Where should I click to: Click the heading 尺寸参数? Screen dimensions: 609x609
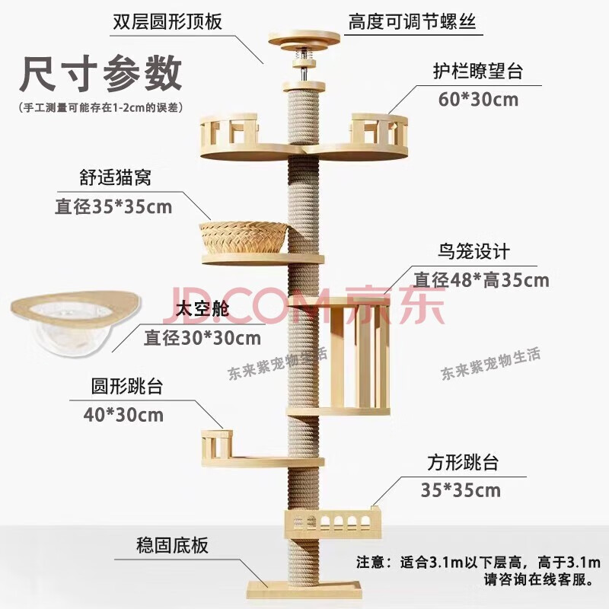pos(101,73)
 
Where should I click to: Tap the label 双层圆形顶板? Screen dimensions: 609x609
pos(167,21)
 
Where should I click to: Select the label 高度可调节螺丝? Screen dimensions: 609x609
pos(412,21)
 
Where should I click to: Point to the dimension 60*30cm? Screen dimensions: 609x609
pos(479,100)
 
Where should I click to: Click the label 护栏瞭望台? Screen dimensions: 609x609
pos(479,71)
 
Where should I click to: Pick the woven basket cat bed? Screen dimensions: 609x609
pos(244,238)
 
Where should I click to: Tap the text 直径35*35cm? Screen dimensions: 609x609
pos(113,206)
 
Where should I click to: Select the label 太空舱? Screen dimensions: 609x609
pos(202,310)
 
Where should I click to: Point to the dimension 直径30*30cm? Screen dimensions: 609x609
pos(202,338)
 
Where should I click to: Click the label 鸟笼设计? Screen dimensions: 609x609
pos(473,252)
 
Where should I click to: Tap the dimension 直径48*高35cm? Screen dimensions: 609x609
pos(482,280)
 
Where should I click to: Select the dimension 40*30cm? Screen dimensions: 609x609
pos(123,415)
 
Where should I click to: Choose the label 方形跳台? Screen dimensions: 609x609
pos(463,463)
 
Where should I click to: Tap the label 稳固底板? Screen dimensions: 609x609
pos(173,545)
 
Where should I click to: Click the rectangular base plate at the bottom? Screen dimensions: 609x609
pos(304,588)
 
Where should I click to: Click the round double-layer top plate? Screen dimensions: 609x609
pos(304,40)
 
